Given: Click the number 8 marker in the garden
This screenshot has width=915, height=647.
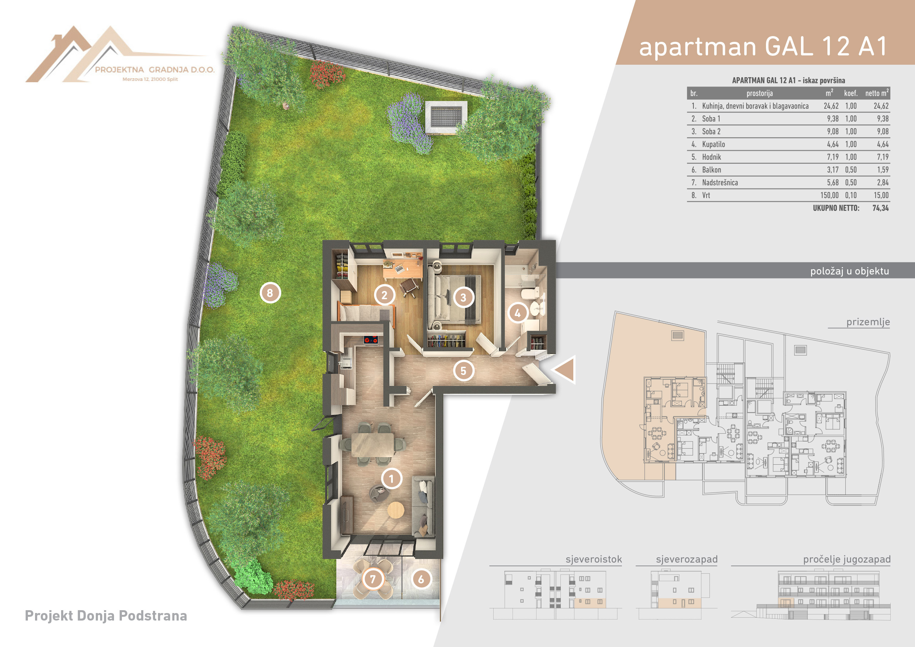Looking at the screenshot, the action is coord(270,293).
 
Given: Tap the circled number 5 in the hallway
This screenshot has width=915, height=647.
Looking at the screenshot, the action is coord(464,371).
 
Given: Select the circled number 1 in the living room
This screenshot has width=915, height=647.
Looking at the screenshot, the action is coord(391,478).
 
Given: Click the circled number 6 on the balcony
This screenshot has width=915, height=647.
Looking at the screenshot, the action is coord(421,579).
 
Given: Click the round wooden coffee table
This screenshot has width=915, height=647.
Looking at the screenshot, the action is coord(396,510).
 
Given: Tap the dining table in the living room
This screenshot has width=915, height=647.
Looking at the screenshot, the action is coord(373,444).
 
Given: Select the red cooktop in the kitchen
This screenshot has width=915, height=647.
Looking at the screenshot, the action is coord(371,340).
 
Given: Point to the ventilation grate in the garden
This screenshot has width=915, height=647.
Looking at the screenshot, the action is coord(446,117).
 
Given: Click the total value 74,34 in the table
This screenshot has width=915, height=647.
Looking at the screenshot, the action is coord(880,208).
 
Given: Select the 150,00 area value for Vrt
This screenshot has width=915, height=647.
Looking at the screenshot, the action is coord(829,195).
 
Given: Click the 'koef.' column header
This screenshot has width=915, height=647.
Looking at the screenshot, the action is coord(850,93).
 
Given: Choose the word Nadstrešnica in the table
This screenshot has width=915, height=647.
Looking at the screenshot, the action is coord(720,183).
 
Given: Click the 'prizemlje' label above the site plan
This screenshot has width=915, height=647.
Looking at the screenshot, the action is coord(868,322).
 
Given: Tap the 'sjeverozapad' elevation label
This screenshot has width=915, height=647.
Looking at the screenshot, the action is coord(687,559).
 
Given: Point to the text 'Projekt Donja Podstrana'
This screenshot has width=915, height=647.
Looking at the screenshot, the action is coord(106,616).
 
